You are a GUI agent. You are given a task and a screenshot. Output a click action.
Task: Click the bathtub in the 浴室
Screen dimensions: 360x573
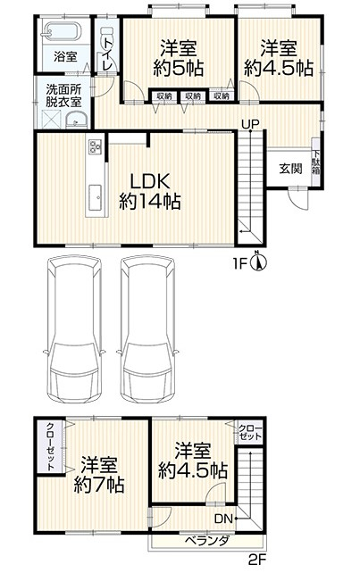click(x=61, y=32)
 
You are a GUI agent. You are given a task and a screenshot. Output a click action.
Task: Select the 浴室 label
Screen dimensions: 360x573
click(x=65, y=57)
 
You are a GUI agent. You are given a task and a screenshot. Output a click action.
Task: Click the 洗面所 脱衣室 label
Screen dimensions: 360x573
click(x=63, y=95)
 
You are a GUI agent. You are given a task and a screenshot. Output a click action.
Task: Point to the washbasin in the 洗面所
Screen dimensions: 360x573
click(x=76, y=120)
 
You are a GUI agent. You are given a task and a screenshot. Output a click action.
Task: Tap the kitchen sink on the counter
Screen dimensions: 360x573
click(x=96, y=198)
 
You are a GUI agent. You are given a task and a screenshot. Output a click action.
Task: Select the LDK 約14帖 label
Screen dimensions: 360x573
click(x=150, y=191)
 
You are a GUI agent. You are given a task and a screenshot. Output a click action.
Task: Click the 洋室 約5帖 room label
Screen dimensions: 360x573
click(x=179, y=59)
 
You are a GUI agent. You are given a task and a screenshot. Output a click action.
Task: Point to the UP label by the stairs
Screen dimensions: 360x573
click(x=250, y=124)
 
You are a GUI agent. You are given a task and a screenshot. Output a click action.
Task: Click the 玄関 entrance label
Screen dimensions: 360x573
click(x=291, y=169)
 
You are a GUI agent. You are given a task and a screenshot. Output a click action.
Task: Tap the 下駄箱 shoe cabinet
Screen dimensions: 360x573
click(x=316, y=162)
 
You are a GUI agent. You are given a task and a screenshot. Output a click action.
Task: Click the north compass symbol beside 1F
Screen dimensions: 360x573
click(x=259, y=262)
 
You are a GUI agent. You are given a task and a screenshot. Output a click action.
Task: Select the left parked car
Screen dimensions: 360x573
click(x=74, y=328)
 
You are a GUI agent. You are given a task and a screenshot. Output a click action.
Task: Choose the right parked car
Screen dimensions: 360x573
click(x=147, y=328)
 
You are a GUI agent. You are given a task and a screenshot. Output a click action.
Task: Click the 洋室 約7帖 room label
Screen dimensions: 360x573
click(x=99, y=474)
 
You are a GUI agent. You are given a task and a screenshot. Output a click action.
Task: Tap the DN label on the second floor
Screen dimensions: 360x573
click(x=223, y=518)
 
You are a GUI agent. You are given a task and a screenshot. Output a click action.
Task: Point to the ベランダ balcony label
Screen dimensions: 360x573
click(x=207, y=541)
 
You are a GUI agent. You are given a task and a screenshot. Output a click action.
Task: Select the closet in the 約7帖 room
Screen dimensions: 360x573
click(x=51, y=446)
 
